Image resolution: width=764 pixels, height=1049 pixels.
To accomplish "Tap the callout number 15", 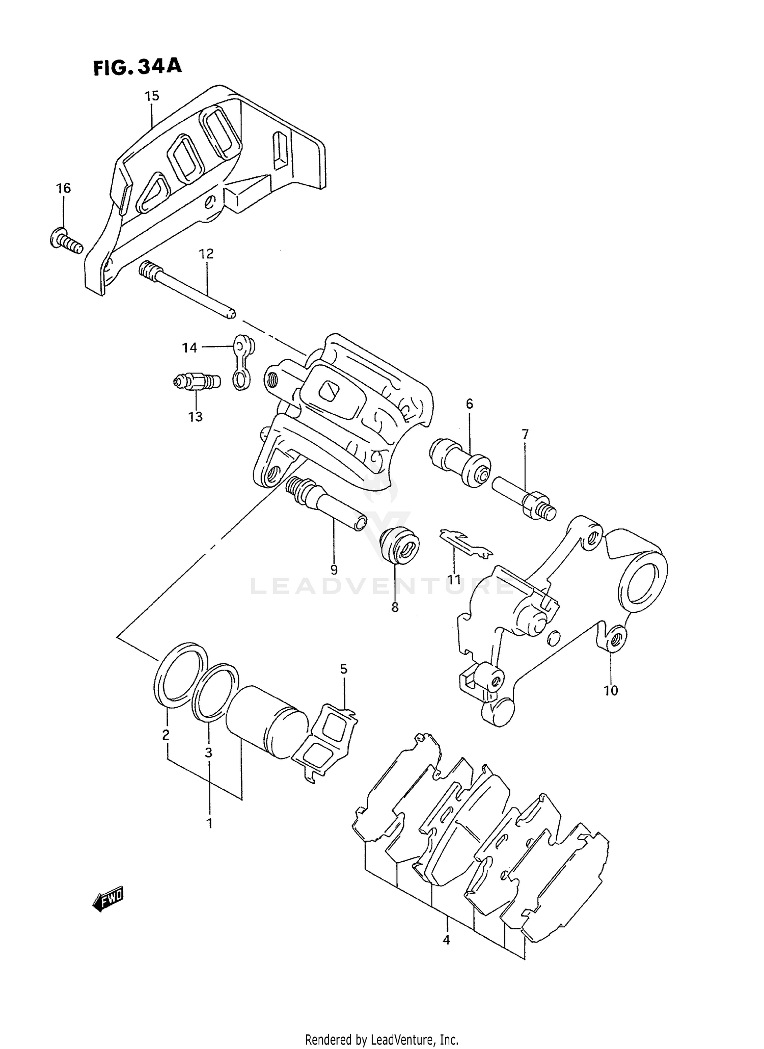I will click(151, 96).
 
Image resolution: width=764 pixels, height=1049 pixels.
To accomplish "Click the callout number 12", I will click(206, 254).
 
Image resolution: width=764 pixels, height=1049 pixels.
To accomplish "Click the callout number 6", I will click(469, 404).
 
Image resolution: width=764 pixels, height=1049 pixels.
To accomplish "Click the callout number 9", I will click(334, 569).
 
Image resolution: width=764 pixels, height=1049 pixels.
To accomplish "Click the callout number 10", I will click(611, 690).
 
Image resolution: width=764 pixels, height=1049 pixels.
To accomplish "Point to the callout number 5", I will click(344, 668).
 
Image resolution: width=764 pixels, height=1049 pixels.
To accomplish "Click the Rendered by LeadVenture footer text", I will click(382, 1039).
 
